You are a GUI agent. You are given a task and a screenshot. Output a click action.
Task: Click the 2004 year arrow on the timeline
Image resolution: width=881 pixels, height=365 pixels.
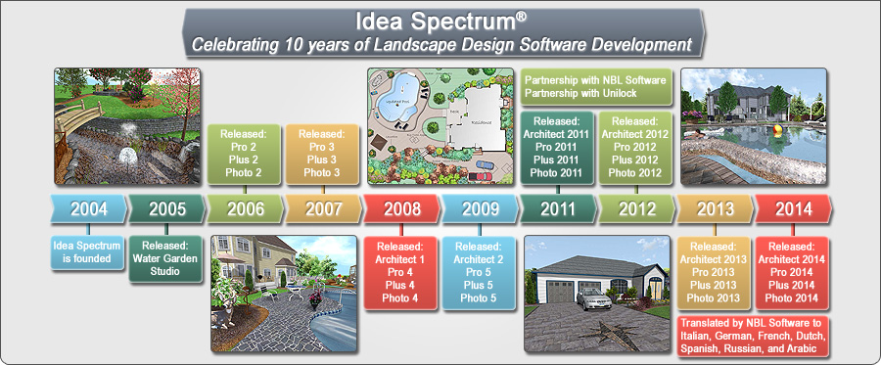pos(88,208)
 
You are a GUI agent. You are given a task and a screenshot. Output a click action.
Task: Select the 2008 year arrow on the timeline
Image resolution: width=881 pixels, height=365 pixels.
pos(401,208)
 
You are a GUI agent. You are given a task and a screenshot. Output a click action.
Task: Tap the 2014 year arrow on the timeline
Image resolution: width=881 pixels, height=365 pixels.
pos(793,208)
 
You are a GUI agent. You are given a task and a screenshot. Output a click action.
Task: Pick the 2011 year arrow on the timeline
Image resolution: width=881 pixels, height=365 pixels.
pos(558,208)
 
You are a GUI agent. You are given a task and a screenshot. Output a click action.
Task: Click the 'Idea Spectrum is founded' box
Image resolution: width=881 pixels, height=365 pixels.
pos(88,250)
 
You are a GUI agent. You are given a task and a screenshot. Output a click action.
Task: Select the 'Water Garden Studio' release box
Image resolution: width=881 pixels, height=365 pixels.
pos(166,257)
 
